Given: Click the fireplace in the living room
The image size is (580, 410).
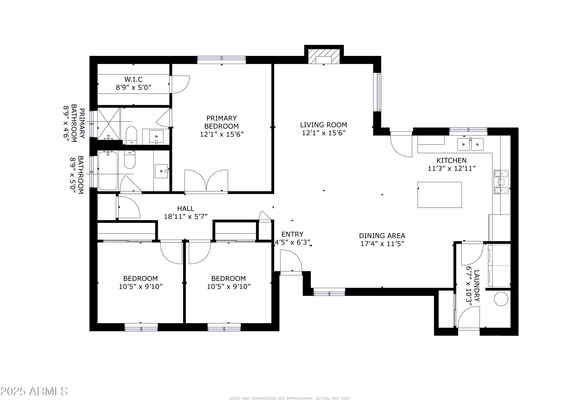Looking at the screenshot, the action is click(x=324, y=56).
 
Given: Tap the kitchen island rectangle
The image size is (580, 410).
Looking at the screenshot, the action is click(x=440, y=195).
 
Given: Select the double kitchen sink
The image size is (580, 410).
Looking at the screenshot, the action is click(x=470, y=144).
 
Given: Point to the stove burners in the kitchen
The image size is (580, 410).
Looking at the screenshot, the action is click(x=501, y=182).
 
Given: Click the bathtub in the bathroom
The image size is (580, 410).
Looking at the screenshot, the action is click(x=108, y=171).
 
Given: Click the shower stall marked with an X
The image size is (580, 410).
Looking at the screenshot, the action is click(x=108, y=124).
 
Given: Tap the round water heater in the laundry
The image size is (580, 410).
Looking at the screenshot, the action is click(x=501, y=299).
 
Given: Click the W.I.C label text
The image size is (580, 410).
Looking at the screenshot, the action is click(x=133, y=79).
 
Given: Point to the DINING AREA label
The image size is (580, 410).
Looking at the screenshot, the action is click(x=382, y=236).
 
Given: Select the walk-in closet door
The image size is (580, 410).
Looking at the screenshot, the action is click(x=180, y=84).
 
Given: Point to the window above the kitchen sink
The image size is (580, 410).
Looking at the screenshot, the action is click(x=468, y=130).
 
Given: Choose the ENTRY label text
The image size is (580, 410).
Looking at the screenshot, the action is click(x=292, y=234).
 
